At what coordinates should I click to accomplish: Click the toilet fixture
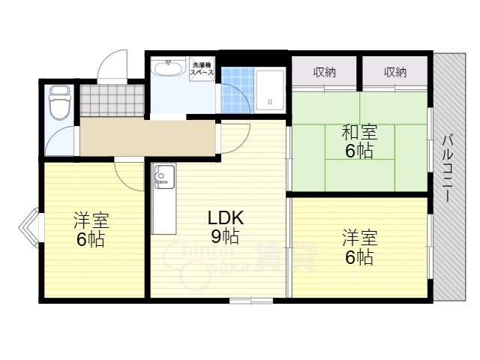tap(60, 103)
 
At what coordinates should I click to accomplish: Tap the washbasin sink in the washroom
tap(169, 67)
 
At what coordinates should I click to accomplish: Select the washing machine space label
tap(202, 69)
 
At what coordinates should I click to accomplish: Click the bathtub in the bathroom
tap(270, 90)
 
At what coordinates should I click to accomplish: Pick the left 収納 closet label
tap(324, 72)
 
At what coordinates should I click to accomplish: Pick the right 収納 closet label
tap(395, 72)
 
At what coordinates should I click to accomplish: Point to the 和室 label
tap(359, 132)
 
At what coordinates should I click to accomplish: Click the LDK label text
tap(226, 218)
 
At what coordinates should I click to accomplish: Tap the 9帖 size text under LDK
tap(225, 236)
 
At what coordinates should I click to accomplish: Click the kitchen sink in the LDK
tap(164, 176)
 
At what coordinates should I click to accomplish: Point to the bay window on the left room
tap(29, 227)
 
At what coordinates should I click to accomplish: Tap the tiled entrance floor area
tap(112, 100)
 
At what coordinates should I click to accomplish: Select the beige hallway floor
tap(148, 136)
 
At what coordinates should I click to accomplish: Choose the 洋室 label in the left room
tap(91, 220)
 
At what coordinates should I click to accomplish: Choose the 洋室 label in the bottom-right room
tap(360, 237)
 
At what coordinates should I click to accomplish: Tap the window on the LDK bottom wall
tap(251, 301)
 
